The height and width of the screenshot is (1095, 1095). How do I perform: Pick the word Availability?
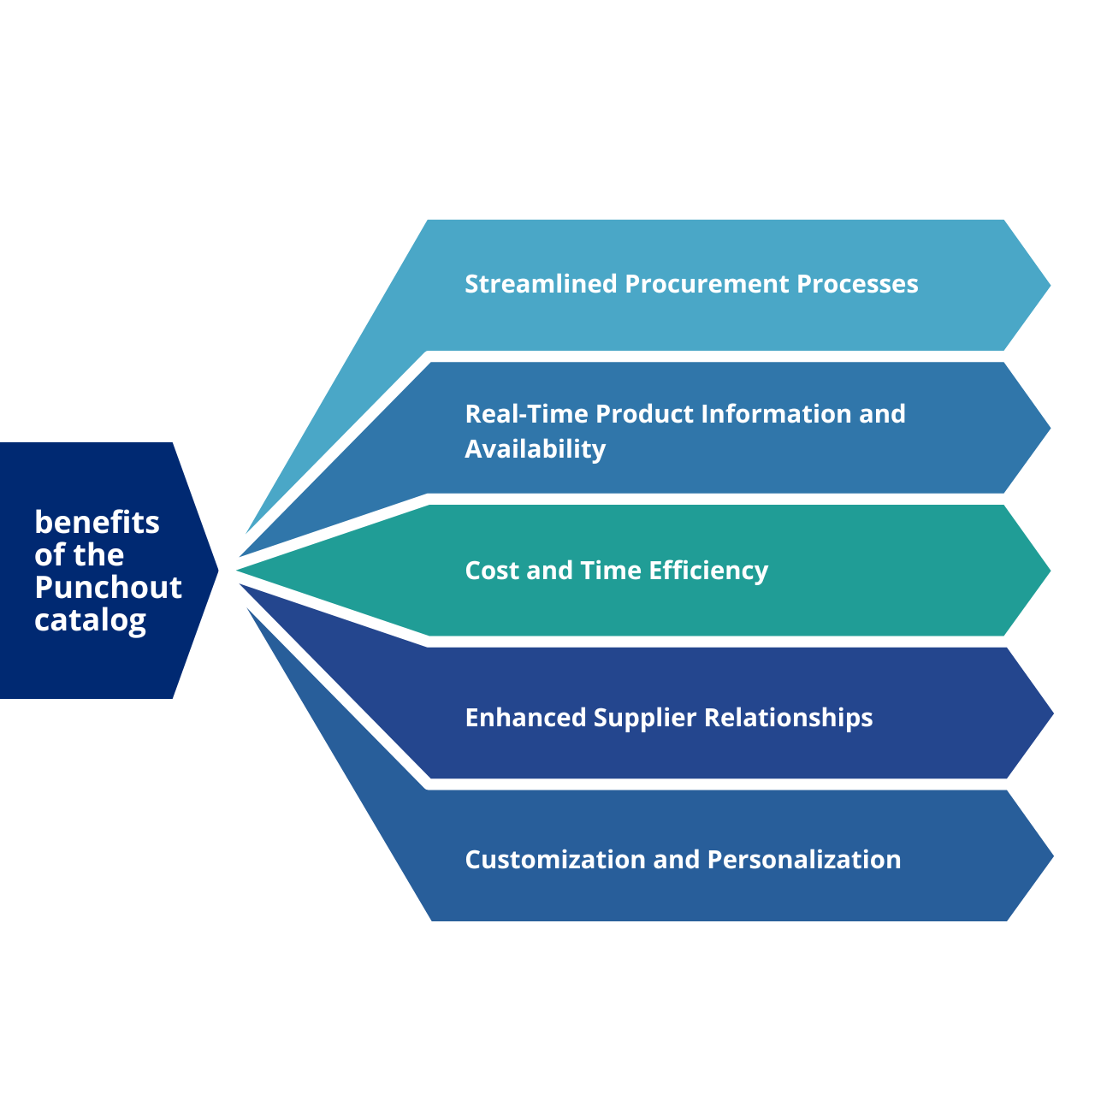tap(535, 449)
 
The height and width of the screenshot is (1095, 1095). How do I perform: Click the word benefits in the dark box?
tap(97, 522)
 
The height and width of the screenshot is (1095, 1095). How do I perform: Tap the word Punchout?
tap(108, 588)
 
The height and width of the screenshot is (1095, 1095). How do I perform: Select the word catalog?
tap(90, 621)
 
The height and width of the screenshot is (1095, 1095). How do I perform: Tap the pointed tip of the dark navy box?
tap(215, 570)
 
